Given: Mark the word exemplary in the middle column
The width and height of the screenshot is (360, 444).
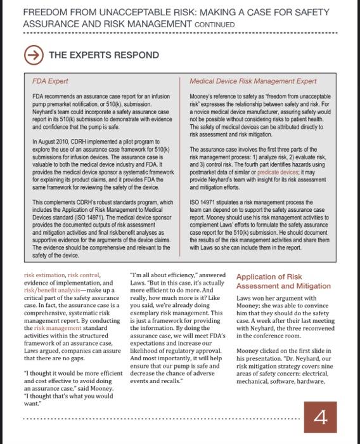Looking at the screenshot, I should click(146, 313).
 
